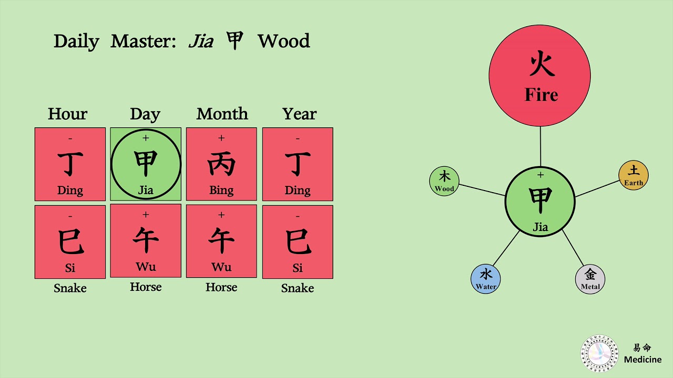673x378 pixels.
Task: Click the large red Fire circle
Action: click(539, 76)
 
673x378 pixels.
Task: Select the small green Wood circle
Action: click(444, 181)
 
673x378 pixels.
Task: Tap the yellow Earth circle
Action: click(634, 175)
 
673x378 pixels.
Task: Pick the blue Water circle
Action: click(486, 279)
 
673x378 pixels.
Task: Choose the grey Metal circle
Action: click(590, 279)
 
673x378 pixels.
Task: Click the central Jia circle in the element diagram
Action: click(540, 202)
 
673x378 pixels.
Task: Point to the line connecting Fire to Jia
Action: click(540, 146)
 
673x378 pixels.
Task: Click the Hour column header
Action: click(68, 114)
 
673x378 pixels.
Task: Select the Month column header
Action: click(222, 114)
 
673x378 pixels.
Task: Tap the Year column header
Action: click(299, 114)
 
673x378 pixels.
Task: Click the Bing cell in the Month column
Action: click(221, 164)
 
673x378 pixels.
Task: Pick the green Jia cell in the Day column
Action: click(146, 164)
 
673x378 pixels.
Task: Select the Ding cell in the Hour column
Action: click(70, 164)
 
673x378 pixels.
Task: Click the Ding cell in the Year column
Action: click(298, 164)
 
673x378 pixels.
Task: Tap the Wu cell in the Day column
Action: click(146, 241)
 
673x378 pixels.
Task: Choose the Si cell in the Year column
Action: click(298, 241)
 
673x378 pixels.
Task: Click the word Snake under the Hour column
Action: click(70, 288)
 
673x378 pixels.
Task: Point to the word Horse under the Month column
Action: click(221, 287)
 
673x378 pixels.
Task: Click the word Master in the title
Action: click(143, 41)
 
